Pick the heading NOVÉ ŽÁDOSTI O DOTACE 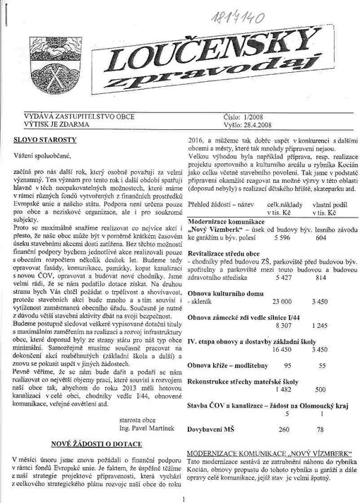coord(95,444)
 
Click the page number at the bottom coord(183,499)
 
